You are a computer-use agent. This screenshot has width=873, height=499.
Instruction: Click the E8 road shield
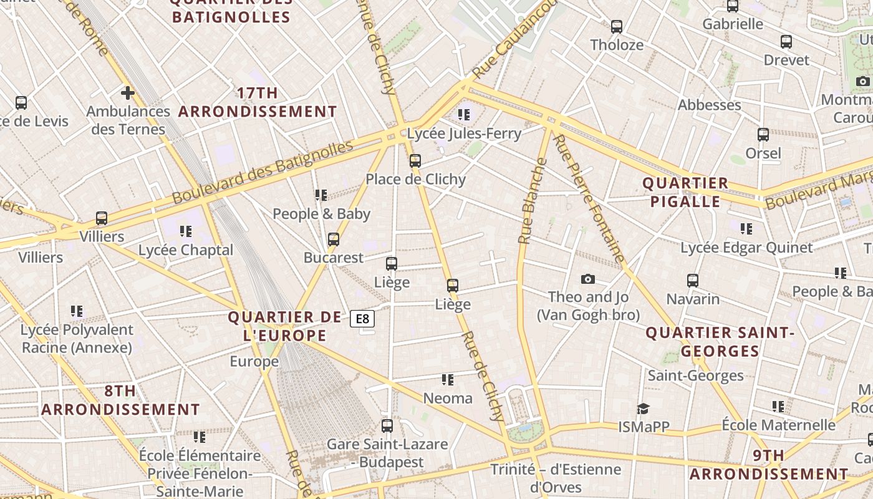[362, 319]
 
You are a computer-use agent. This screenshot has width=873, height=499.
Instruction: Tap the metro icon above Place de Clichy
[415, 161]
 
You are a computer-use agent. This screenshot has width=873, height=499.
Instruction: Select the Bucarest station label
[333, 258]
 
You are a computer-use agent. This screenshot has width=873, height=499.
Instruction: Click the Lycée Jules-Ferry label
[464, 133]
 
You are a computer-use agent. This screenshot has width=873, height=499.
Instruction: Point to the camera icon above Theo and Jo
[587, 279]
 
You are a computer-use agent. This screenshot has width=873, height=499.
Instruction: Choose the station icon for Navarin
[692, 281]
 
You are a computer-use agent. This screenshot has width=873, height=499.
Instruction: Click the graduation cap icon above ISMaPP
[643, 409]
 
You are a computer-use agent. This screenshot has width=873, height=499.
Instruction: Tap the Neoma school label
[448, 398]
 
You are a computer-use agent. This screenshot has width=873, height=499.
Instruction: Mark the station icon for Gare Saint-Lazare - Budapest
[387, 426]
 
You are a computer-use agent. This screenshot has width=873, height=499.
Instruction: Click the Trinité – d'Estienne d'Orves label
[556, 478]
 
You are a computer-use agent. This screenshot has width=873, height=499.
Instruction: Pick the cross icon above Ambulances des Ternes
[128, 94]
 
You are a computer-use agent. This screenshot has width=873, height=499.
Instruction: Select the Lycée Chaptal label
[186, 250]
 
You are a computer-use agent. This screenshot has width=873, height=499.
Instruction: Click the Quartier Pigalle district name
[685, 192]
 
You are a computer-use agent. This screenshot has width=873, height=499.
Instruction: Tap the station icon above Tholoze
[617, 27]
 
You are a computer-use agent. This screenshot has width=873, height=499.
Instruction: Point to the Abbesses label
[709, 105]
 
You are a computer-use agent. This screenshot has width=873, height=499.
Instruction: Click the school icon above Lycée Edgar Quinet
[746, 229]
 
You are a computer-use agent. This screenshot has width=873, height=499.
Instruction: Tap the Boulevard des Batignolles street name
[263, 172]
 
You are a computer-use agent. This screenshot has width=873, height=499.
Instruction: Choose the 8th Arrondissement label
[120, 400]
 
